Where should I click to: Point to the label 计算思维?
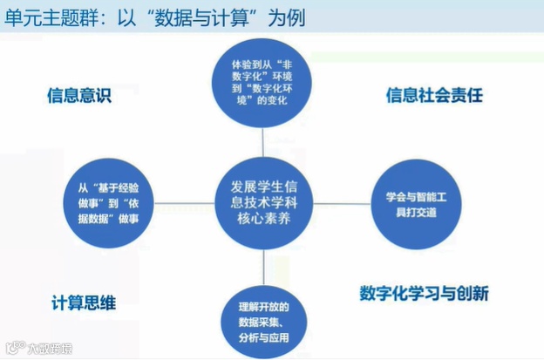[83, 302]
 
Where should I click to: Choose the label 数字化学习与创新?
[424, 292]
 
